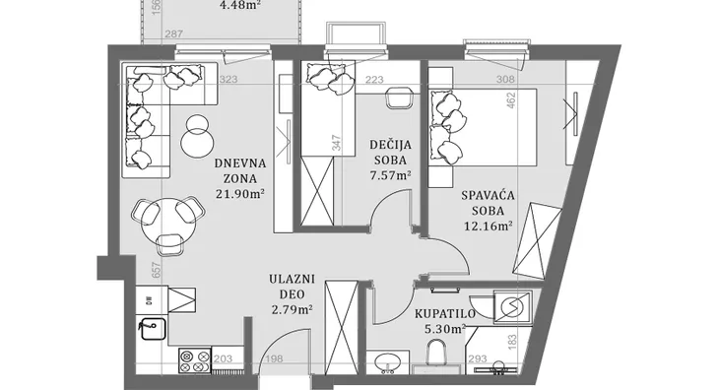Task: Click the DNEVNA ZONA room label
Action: [239, 171]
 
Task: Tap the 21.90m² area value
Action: [239, 193]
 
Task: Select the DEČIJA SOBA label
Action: [390, 153]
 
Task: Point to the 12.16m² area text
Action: [488, 226]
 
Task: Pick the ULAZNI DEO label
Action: [292, 287]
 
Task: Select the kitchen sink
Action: [153, 329]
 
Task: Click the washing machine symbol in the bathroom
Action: [512, 306]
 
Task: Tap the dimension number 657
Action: [157, 270]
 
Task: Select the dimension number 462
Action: [511, 100]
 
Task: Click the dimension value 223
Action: [374, 80]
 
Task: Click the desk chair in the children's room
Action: [399, 97]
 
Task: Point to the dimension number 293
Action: [478, 358]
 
